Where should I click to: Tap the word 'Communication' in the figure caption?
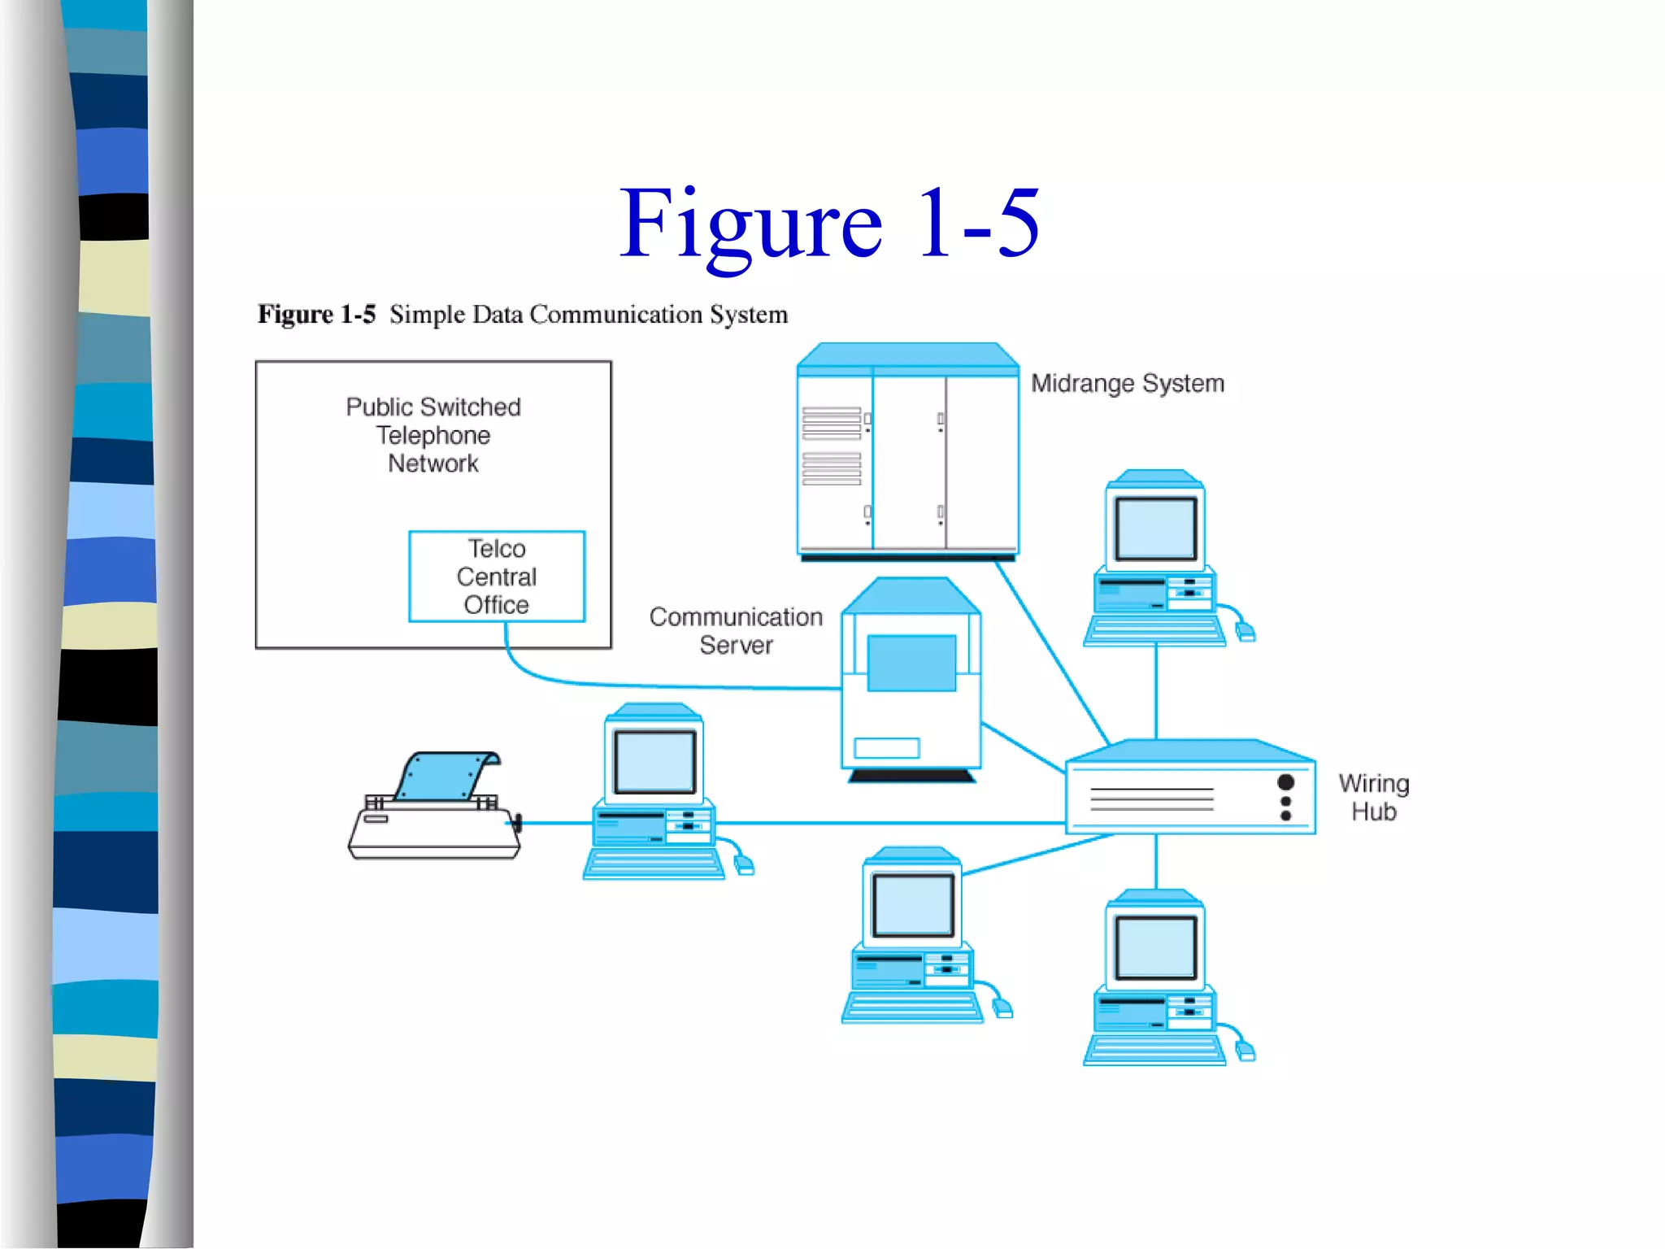(615, 314)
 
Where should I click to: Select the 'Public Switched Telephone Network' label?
(433, 434)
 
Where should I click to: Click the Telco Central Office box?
(497, 577)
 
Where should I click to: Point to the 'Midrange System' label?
(1127, 383)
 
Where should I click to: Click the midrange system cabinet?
(907, 455)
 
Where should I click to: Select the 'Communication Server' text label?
(735, 631)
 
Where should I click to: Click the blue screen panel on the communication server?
(911, 663)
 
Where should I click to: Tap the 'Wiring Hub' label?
(1373, 797)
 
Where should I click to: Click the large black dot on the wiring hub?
(1285, 782)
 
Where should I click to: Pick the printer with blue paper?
(435, 809)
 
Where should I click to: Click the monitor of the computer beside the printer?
(654, 762)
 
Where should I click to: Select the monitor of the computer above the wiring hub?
(1155, 529)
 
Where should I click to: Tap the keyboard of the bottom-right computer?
(1154, 1049)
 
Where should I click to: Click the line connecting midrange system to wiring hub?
(1053, 651)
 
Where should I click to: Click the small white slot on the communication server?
(886, 747)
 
